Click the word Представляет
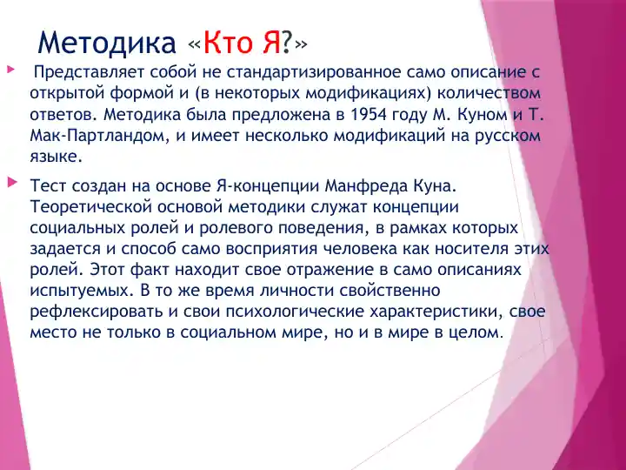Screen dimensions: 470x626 85,71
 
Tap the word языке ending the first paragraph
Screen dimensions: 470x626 57,157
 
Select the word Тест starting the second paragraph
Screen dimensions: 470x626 46,186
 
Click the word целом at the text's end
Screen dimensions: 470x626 474,332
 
